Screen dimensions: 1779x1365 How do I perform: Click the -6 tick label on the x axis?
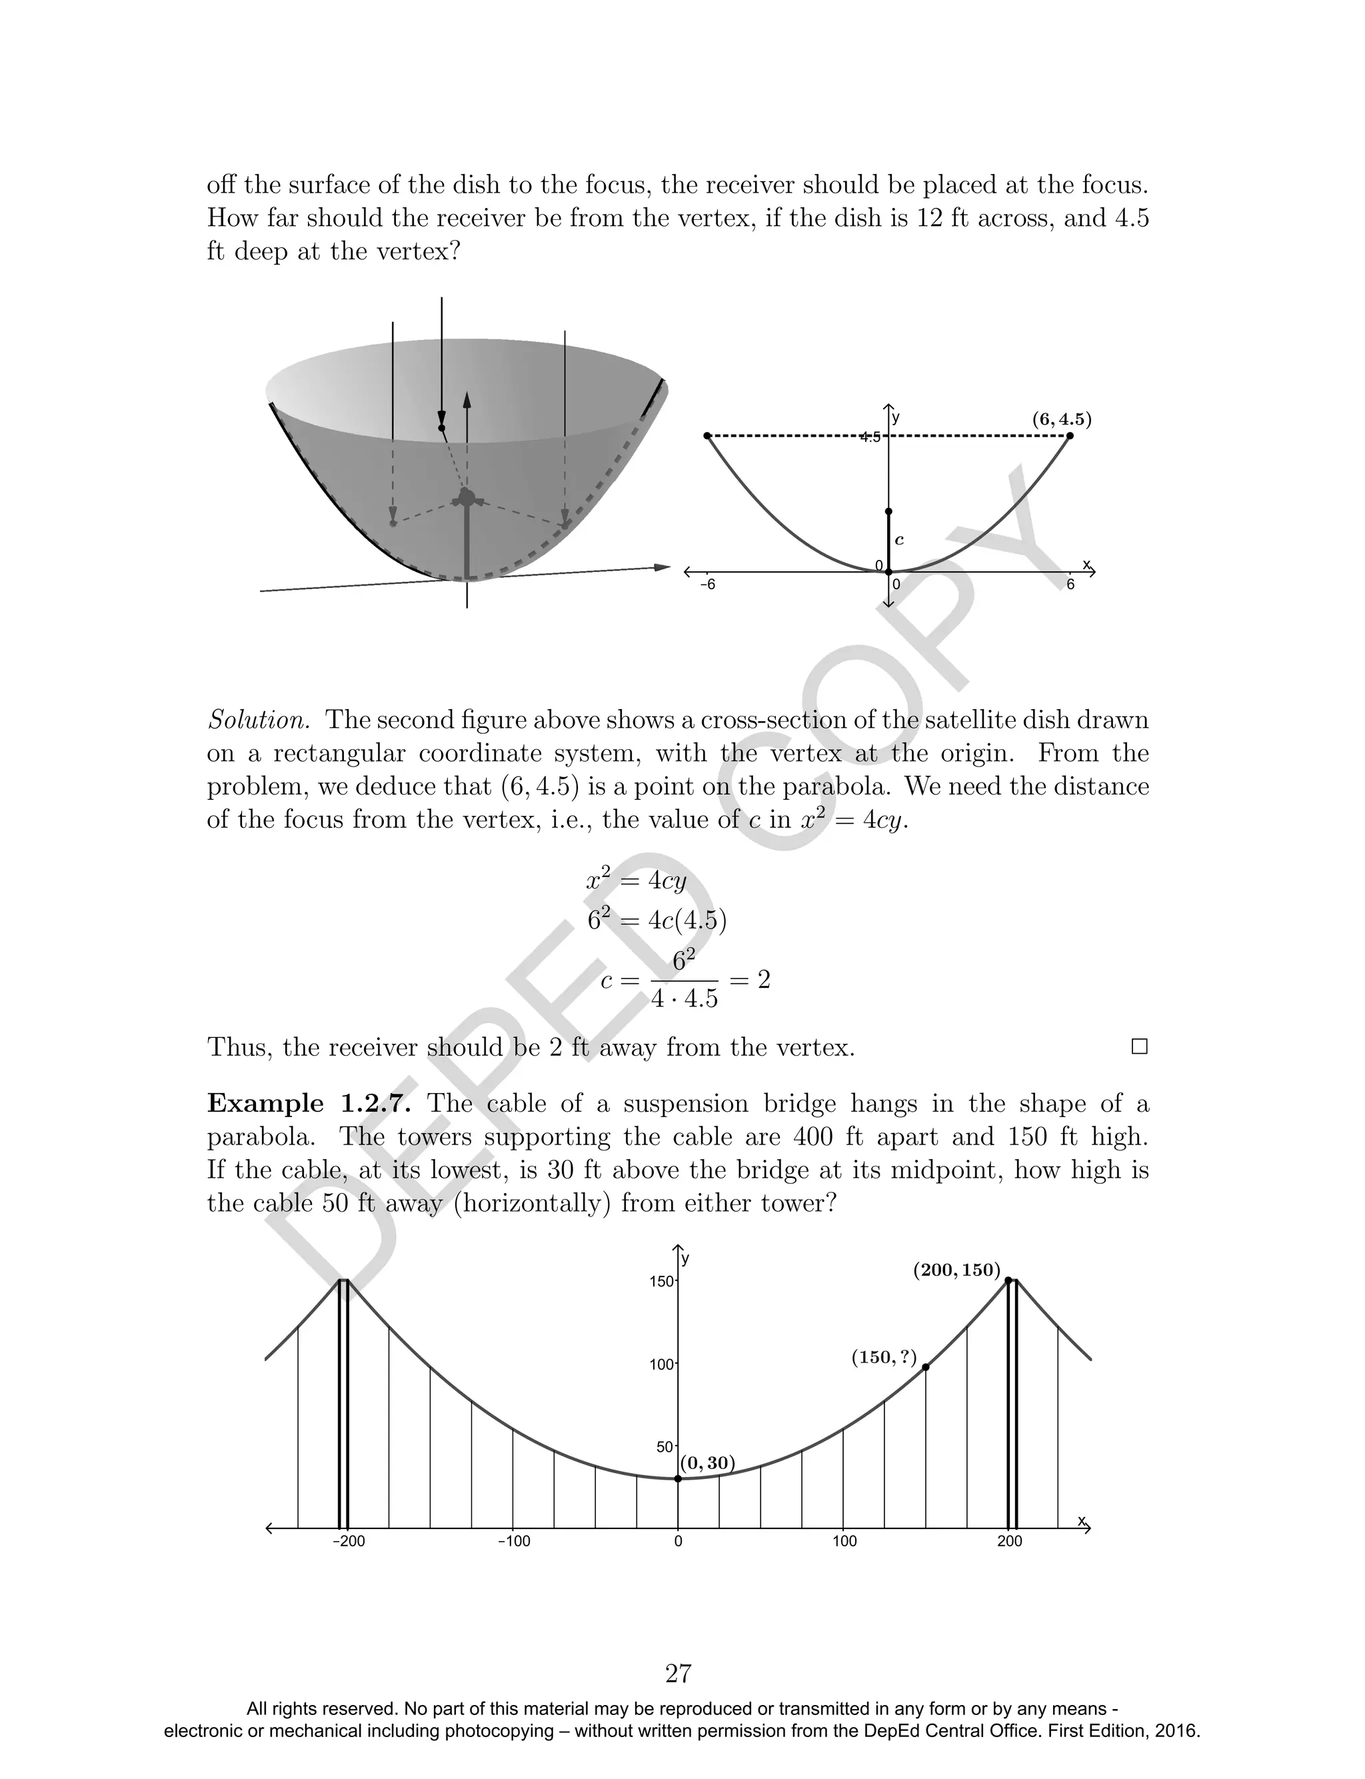(708, 585)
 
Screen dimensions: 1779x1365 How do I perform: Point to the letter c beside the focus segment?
(899, 539)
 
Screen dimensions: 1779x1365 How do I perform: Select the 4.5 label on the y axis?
(870, 437)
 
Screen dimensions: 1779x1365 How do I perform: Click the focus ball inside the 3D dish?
(467, 497)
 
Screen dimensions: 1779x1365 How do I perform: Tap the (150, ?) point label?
(884, 1357)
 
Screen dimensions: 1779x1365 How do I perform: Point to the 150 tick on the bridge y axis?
(663, 1281)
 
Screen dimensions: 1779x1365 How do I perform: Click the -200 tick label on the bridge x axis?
(349, 1542)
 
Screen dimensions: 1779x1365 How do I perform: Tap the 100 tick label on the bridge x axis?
(845, 1542)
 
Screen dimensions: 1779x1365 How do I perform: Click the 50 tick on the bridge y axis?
(665, 1447)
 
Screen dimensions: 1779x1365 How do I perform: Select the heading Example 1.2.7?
(309, 1104)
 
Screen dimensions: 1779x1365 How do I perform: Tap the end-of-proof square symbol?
(1139, 1047)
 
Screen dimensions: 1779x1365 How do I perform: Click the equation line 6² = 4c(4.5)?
(657, 920)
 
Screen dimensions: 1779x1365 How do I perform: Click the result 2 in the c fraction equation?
(764, 980)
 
